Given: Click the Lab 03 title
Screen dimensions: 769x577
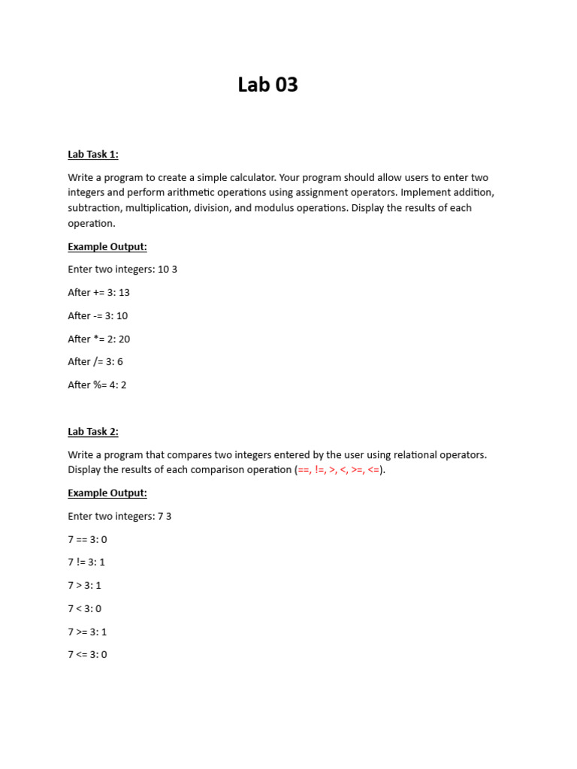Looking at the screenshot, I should (267, 85).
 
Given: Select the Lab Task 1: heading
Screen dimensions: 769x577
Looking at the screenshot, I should (93, 155).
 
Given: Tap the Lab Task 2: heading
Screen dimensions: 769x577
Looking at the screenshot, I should (93, 431).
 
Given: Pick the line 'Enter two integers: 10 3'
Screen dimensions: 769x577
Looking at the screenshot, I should (122, 269).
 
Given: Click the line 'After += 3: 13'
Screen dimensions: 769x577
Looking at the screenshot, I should (98, 292).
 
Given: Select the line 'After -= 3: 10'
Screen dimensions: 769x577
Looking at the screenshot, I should (98, 315).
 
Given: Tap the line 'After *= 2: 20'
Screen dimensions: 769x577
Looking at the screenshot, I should (98, 339).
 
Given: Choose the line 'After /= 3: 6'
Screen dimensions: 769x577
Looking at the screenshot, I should (95, 361).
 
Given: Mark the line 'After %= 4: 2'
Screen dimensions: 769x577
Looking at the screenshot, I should (97, 384).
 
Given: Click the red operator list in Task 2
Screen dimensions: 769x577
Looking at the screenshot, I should (339, 470).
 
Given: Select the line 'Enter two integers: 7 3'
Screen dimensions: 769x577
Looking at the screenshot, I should (119, 516).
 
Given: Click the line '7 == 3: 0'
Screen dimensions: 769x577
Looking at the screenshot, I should (87, 539).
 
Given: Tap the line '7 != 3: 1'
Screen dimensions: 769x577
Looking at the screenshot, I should (86, 562).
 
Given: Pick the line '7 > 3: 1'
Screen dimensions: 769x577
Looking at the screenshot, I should (84, 585).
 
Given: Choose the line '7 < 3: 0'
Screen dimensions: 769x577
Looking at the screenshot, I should (84, 608).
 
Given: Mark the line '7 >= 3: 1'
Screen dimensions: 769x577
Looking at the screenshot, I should (87, 632).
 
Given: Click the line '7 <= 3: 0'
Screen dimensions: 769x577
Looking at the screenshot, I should (87, 654).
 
